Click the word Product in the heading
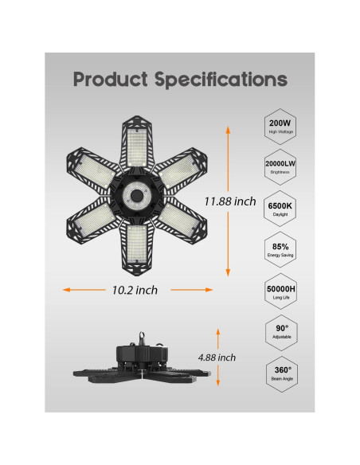tap(111, 80)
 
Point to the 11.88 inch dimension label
tap(230, 201)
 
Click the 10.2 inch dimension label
tap(135, 290)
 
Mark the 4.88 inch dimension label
tap(217, 358)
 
